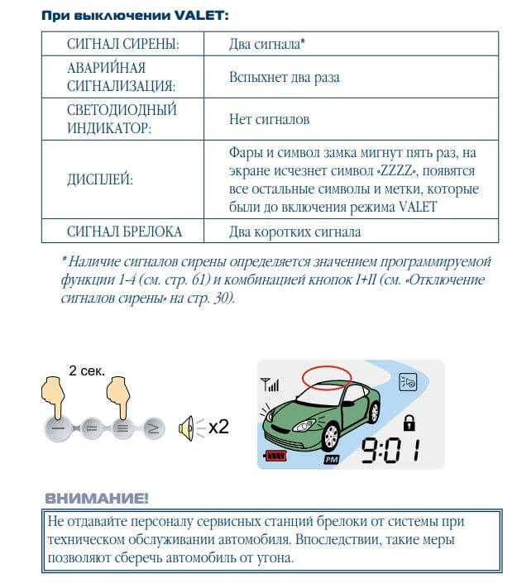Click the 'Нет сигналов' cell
[x=269, y=120]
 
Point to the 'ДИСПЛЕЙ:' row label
[x=99, y=180]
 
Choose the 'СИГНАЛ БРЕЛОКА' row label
[x=124, y=232]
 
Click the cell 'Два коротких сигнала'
[x=294, y=232]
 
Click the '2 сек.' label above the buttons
[x=85, y=370]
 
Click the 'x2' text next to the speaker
[x=218, y=428]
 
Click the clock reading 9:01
[x=389, y=451]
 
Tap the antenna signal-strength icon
[x=270, y=385]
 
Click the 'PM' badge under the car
[x=331, y=460]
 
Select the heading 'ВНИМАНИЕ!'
[x=96, y=498]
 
